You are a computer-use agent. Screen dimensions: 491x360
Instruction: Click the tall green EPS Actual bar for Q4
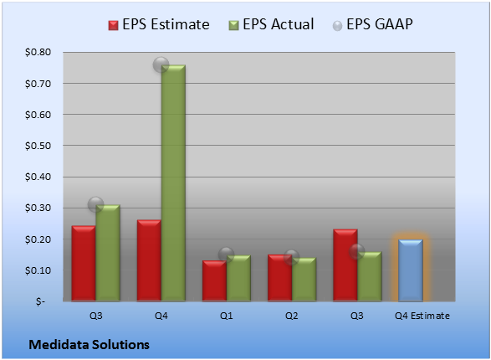click(x=173, y=183)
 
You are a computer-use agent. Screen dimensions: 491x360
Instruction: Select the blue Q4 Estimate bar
click(x=411, y=270)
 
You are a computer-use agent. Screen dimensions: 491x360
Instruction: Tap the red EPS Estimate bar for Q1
click(x=214, y=280)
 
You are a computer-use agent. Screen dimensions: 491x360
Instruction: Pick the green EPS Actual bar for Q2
click(x=304, y=280)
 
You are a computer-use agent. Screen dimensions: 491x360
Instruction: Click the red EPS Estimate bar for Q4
click(x=149, y=260)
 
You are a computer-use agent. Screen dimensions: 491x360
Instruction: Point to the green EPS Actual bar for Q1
click(x=238, y=278)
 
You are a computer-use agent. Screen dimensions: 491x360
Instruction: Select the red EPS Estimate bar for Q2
click(x=279, y=278)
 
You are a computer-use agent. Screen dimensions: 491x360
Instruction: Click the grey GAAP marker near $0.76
click(x=161, y=65)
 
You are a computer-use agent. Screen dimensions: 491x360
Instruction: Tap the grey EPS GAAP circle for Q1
click(x=226, y=255)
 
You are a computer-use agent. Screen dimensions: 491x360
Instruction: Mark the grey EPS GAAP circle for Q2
click(x=292, y=258)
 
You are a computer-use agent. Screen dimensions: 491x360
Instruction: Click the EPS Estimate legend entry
click(x=159, y=24)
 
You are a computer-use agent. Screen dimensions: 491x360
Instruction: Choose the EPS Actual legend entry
click(x=272, y=24)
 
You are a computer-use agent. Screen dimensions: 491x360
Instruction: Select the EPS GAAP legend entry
click(x=372, y=24)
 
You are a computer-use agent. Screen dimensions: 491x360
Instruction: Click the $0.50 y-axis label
click(x=38, y=146)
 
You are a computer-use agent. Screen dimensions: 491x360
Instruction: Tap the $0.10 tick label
click(x=38, y=270)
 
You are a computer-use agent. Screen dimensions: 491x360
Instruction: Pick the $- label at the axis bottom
click(x=40, y=301)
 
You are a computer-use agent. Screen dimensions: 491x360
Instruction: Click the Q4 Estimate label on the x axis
click(x=422, y=316)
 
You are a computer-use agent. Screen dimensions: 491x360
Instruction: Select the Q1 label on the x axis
click(x=226, y=316)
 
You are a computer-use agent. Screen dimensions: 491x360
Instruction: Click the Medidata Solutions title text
click(x=90, y=345)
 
